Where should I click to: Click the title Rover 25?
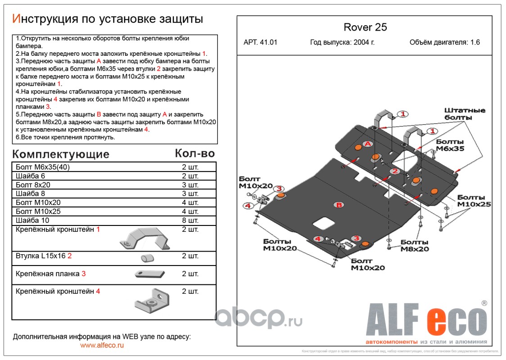coord(365,27)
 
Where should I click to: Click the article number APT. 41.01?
coord(261,43)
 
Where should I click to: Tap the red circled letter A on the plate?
coord(368,144)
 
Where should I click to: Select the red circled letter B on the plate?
coord(339,205)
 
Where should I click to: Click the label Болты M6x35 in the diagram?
coord(450,145)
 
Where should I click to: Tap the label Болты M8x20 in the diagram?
coord(415,245)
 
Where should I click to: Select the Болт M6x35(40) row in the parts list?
coord(43,167)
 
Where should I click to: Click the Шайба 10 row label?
coord(32,220)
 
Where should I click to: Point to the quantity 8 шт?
coord(190,220)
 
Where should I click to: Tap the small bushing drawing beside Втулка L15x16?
coord(147,257)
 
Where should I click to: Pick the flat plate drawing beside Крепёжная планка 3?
coord(147,274)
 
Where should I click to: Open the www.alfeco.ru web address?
coord(102,345)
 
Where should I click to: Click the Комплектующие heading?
coord(60,154)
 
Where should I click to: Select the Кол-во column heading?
coord(194,153)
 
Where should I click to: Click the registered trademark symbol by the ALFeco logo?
coord(484,303)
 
